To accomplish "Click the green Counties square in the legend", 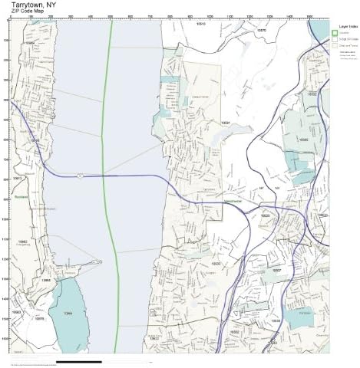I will (335, 31).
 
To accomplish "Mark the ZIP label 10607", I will (278, 271).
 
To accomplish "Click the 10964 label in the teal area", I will (68, 314).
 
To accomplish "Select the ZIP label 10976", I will (40, 319).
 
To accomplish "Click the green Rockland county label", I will (19, 196).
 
